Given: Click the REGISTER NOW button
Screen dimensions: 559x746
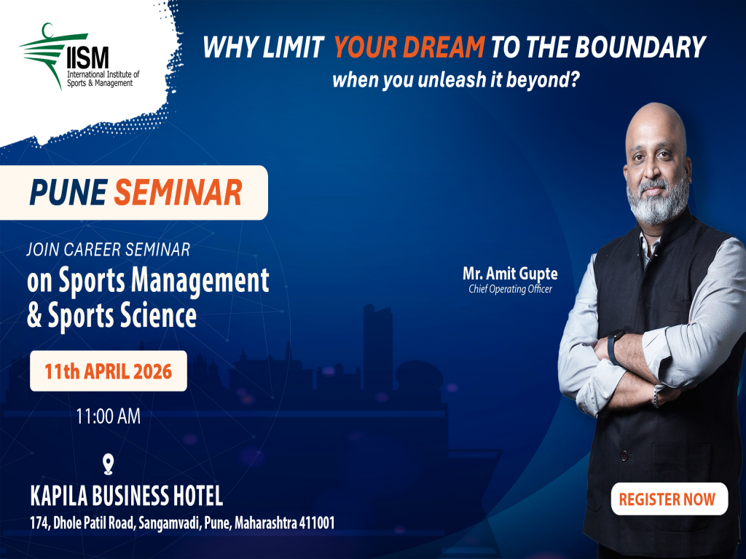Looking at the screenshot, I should [x=667, y=499].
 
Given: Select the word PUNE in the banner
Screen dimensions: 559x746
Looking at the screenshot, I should [x=68, y=193].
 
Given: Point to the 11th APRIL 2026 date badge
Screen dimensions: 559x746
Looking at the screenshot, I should [x=108, y=371].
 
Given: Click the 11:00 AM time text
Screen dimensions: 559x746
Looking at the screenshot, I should [x=108, y=416].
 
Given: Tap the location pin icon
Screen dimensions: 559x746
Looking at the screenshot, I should [x=109, y=464].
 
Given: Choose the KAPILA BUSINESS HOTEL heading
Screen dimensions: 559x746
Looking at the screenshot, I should [x=127, y=497].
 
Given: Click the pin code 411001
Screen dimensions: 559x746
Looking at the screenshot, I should [x=312, y=523].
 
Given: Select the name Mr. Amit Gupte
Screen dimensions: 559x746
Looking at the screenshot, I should [x=510, y=274].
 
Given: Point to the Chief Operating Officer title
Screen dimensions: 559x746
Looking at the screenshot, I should [x=510, y=290].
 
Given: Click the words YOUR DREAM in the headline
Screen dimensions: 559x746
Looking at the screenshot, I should [x=409, y=48].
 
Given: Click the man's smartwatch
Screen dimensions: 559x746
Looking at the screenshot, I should [x=614, y=349].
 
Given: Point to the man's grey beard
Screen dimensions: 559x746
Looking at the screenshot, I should [x=656, y=202].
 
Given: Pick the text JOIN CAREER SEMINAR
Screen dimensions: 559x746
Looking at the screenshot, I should [x=108, y=250].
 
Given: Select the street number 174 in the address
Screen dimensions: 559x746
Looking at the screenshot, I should [x=40, y=523].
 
